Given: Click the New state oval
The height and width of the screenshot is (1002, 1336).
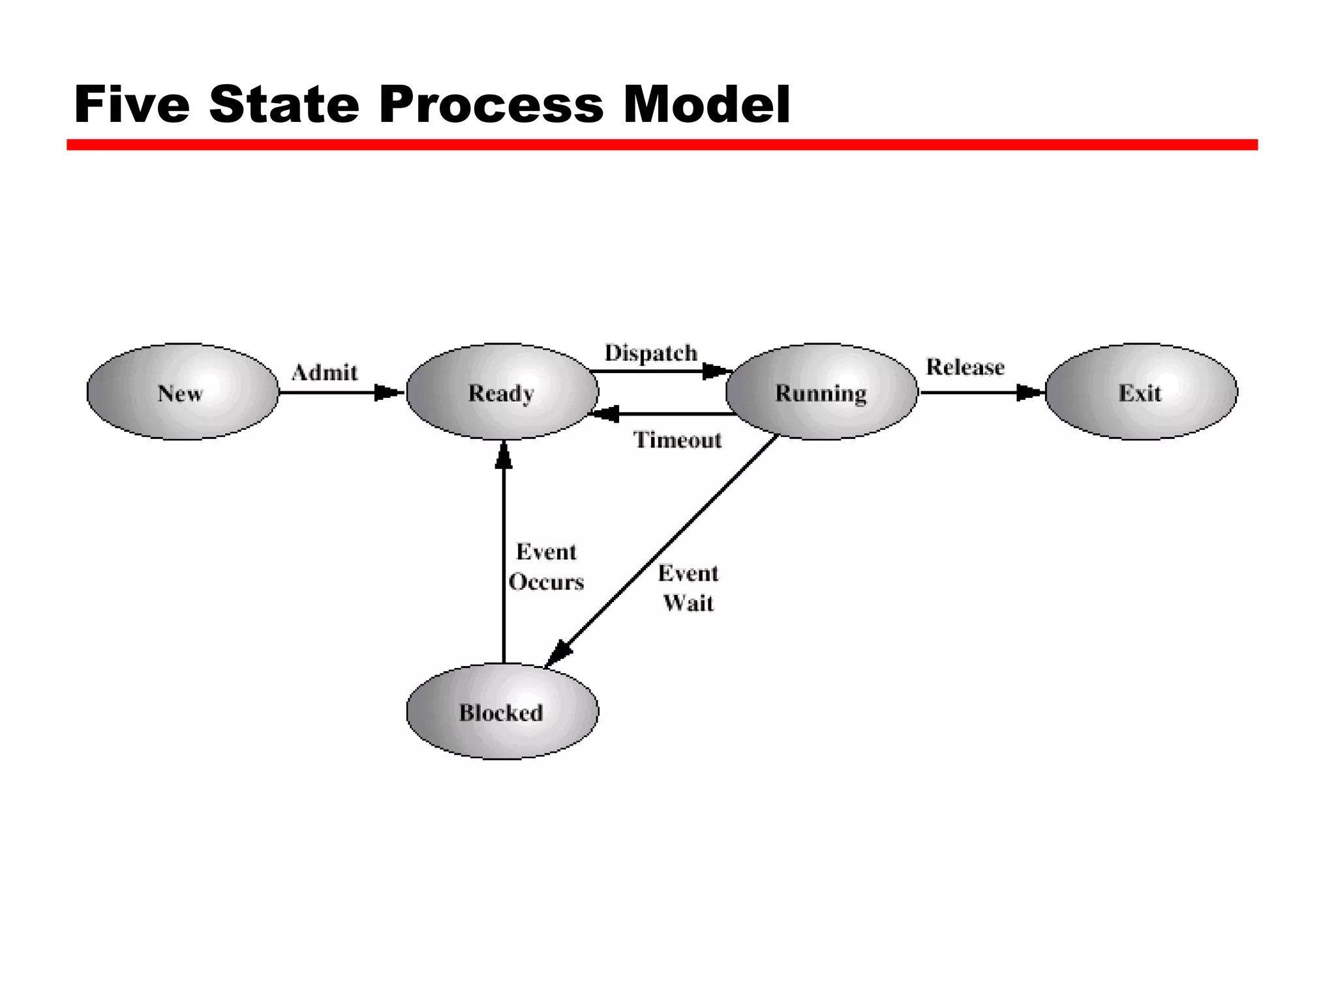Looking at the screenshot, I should [183, 392].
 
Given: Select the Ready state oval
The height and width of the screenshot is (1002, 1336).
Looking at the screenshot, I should [502, 392].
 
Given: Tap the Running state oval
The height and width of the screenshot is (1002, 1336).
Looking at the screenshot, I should [821, 392].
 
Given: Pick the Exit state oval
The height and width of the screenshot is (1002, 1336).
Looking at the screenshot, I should [1141, 392].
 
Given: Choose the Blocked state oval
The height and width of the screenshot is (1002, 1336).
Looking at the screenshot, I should [502, 712].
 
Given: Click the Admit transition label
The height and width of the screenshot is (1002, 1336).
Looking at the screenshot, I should [325, 372].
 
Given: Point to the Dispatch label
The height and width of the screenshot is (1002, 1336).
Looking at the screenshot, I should [650, 353].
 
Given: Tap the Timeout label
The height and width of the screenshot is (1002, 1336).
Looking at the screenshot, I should [678, 440].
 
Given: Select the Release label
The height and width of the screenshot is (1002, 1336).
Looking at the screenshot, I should [965, 367].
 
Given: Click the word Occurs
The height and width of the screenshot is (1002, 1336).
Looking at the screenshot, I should [546, 582].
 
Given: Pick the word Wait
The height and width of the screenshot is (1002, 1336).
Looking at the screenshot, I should [688, 603].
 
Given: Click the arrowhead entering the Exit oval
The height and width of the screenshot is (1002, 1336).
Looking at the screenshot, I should [1031, 393].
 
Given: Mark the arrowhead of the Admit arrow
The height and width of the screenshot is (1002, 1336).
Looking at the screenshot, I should [389, 393].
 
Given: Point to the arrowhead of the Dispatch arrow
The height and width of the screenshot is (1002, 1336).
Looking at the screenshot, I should [716, 372].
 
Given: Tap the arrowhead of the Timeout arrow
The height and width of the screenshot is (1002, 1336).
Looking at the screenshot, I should [603, 414].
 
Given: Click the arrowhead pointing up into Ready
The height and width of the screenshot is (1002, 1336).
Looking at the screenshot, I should [504, 455].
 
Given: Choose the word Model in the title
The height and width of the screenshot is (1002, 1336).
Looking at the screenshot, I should [706, 104].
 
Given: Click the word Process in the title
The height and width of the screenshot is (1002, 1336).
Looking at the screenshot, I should [491, 104].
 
